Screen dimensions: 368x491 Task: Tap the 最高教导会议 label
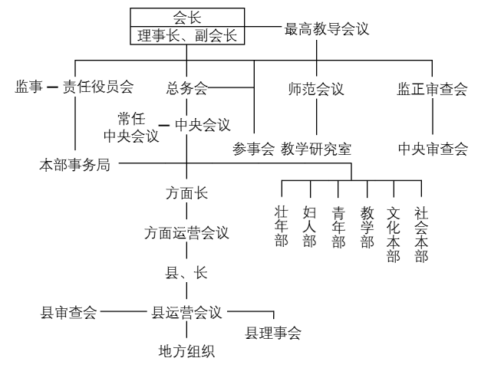point(327,30)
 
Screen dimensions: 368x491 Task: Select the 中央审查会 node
point(433,149)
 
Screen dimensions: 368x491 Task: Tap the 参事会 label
point(254,149)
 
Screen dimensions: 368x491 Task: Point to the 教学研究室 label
point(316,149)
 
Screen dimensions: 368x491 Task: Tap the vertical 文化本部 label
point(394,233)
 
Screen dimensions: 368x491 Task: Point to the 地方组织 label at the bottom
point(186,353)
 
